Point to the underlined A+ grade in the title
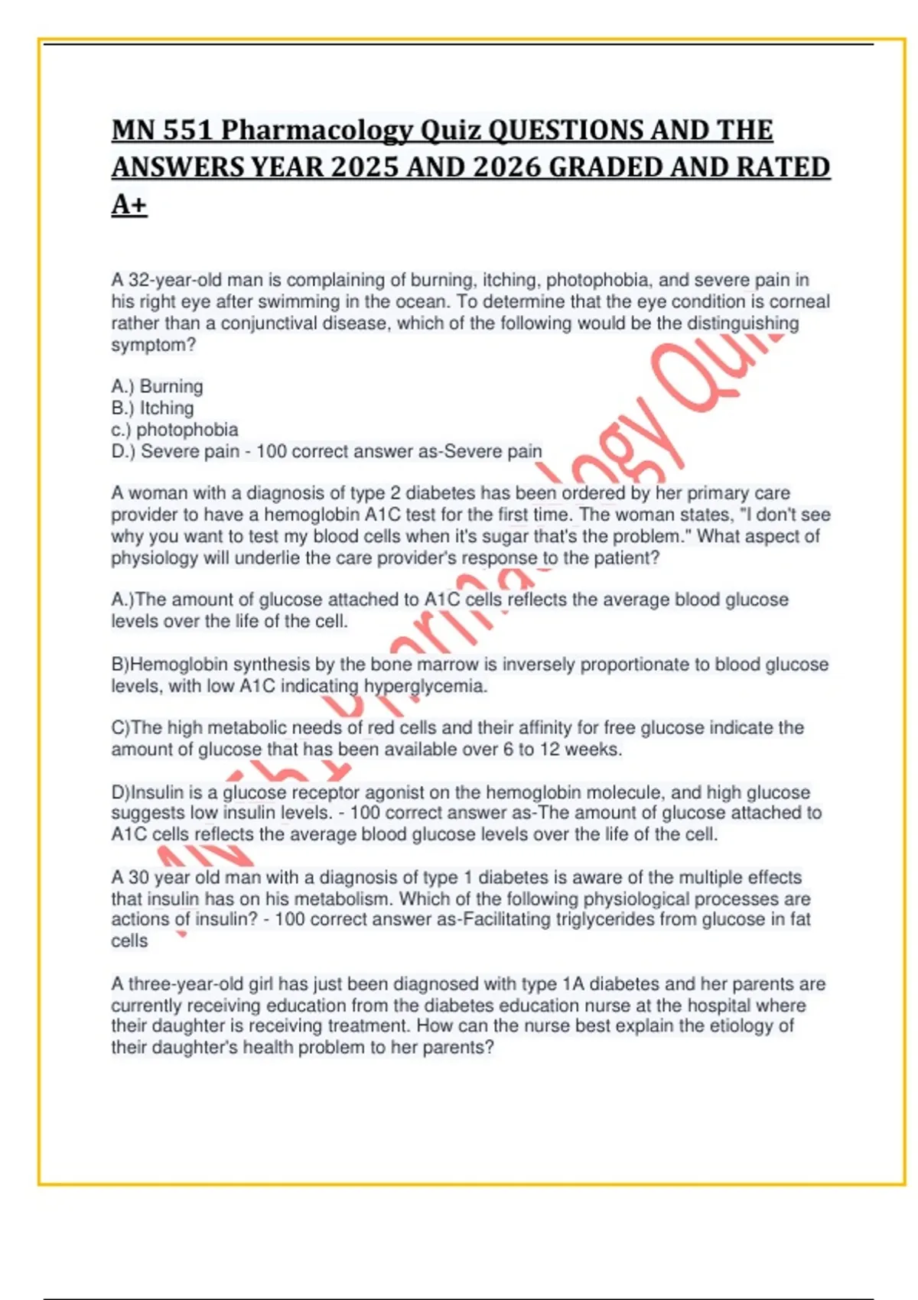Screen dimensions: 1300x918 click(129, 204)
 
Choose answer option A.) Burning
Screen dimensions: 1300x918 click(157, 386)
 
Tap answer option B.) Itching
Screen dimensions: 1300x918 click(152, 408)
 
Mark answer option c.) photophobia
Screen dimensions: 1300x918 click(174, 429)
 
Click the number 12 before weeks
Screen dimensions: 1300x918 click(549, 749)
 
